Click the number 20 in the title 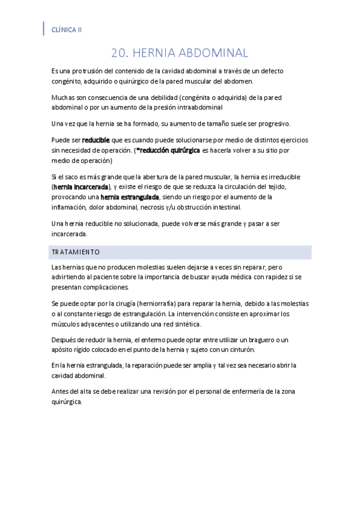point(120,54)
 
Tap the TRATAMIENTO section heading point(76,252)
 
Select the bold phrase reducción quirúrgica point(168,150)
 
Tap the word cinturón point(242,349)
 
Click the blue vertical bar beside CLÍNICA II point(44,28)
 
